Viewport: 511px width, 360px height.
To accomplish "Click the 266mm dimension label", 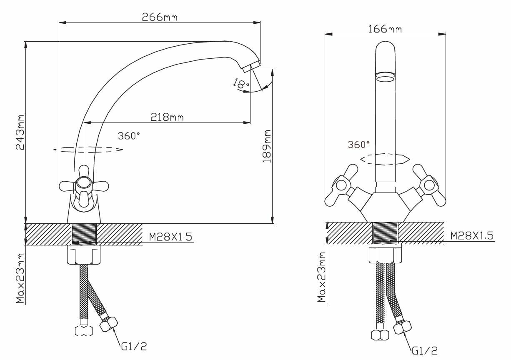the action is tap(160, 17).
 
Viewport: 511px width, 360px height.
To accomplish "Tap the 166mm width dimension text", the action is tap(385, 29).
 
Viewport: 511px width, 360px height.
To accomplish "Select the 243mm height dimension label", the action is tap(20, 132).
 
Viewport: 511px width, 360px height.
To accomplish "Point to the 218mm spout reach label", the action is tap(167, 117).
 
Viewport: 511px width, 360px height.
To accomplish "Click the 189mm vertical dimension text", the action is tap(267, 146).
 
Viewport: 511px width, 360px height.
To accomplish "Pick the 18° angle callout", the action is tap(240, 83).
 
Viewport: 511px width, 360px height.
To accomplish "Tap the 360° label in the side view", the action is tap(129, 136).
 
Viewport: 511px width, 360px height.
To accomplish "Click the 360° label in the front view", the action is tap(358, 144).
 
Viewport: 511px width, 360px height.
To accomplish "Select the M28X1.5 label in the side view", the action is tap(170, 237).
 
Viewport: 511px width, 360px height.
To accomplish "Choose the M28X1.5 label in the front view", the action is tap(472, 235).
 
